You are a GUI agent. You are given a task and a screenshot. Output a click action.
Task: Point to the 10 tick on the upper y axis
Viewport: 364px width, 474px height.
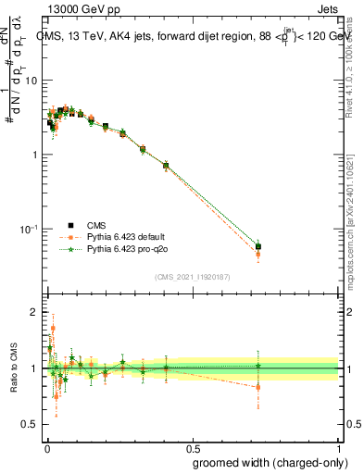[x=31, y=81]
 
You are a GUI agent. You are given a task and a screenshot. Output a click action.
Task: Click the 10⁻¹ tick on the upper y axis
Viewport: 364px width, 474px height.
[x=28, y=229]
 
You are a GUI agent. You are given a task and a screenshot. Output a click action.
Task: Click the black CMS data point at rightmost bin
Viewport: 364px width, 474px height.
[x=258, y=247]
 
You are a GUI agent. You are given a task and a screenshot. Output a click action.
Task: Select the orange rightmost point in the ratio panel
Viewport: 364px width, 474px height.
[x=258, y=387]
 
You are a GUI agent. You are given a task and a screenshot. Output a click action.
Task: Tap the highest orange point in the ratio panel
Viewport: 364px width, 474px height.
[x=53, y=328]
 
